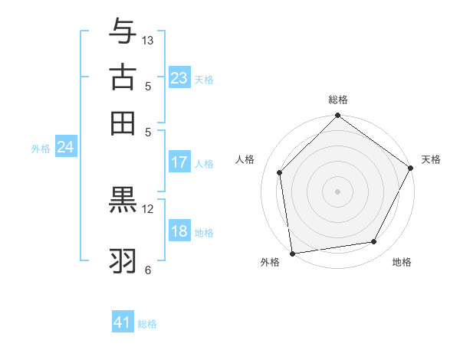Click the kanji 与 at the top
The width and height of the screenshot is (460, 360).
pos(123,32)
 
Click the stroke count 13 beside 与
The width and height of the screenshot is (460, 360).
pos(149,40)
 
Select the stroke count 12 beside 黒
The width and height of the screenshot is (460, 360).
pos(148,208)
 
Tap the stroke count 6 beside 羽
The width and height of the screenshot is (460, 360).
pos(148,270)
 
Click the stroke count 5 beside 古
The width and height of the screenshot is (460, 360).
pos(148,86)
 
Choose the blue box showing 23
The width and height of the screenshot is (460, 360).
pos(179,78)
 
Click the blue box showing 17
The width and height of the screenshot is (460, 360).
pos(179,162)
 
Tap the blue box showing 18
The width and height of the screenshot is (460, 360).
pos(179,232)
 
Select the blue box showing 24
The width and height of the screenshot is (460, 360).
pos(65,147)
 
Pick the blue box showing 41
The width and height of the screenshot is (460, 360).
pos(123,322)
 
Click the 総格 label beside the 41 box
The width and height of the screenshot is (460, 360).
pos(147,324)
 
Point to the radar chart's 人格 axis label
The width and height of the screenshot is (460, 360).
pos(245,159)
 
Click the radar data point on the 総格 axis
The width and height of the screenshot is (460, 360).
pos(337,116)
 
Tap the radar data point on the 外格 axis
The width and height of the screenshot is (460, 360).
pos(292,253)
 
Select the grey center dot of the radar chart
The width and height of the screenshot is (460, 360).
pos(337,191)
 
